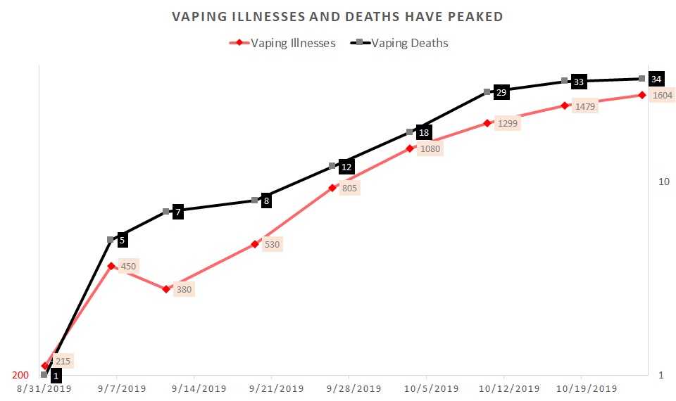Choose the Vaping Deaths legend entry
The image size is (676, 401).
(409, 43)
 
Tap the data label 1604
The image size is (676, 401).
(662, 96)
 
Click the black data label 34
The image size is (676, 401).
(656, 78)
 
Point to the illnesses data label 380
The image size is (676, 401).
(184, 289)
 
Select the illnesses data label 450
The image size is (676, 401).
(129, 266)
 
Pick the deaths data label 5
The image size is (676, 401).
(122, 241)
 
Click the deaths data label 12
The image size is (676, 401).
(346, 167)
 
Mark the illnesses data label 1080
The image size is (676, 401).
(430, 149)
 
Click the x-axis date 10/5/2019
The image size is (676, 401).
(425, 388)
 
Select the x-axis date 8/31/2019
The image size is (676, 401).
(39, 388)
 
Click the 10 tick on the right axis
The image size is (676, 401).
(663, 182)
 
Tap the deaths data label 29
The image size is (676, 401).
(501, 91)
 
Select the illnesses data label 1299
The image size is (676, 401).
(507, 124)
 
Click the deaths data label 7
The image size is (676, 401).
(178, 212)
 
